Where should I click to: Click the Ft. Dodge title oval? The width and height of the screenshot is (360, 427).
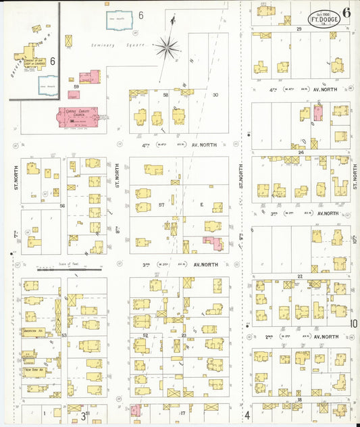(x=324, y=17)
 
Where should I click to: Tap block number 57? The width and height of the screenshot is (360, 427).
(x=161, y=205)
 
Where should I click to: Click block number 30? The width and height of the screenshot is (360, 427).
(x=215, y=95)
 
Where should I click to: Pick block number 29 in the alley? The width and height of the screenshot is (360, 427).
(x=298, y=29)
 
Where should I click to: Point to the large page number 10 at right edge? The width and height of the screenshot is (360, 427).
(x=353, y=324)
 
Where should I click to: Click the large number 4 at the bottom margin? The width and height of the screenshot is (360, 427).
(x=247, y=414)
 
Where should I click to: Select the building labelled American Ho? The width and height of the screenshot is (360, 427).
(x=32, y=332)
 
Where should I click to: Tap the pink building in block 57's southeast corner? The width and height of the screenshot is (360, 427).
(x=214, y=244)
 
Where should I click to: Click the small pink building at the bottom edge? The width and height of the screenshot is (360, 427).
(x=136, y=410)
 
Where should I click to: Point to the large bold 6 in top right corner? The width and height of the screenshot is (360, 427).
(x=346, y=11)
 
